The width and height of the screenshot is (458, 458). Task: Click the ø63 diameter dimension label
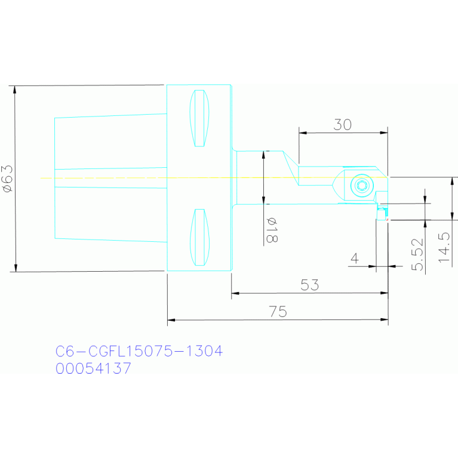point(8,179)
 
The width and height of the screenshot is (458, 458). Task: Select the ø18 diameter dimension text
point(272,230)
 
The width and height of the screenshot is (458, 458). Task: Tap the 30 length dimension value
point(342,124)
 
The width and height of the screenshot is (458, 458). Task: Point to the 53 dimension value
point(309,285)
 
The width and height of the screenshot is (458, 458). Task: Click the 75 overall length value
point(278,311)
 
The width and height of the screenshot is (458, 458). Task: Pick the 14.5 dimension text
point(444,248)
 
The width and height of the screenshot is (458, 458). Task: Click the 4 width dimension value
point(355,259)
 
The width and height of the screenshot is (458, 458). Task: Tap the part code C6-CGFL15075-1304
point(139,351)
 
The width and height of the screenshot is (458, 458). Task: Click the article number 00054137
point(93,368)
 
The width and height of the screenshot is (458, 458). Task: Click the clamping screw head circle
point(361,186)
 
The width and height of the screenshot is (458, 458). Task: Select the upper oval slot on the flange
point(199,118)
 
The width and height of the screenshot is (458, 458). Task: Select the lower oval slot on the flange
point(199,237)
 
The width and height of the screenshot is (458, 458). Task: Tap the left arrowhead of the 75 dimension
point(171,321)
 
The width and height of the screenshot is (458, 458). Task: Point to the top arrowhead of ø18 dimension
point(263,155)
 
